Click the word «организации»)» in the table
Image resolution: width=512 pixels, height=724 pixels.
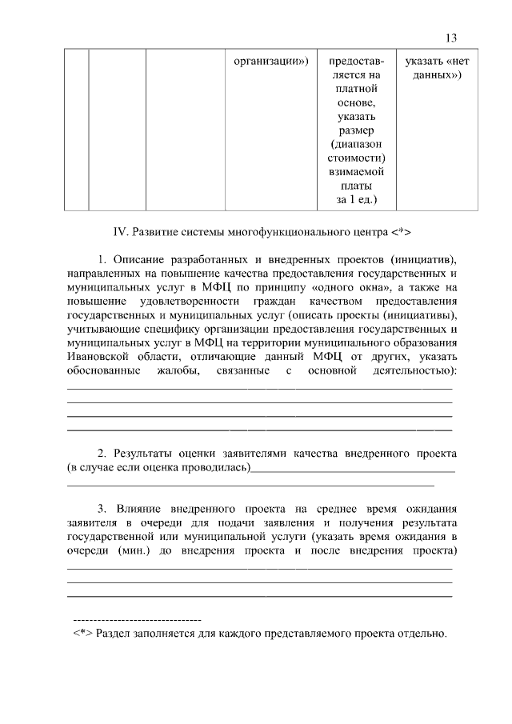pyautogui.click(x=270, y=61)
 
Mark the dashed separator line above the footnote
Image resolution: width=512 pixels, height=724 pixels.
pyautogui.click(x=137, y=621)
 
